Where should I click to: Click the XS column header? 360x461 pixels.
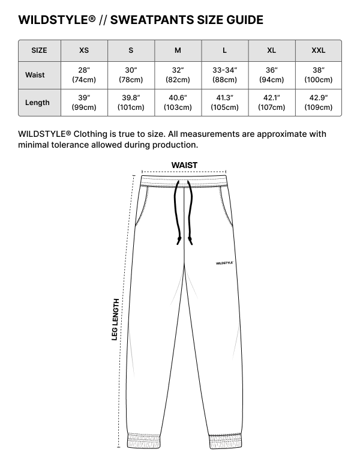point(84,50)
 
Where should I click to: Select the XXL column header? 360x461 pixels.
point(318,50)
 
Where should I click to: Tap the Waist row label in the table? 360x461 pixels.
point(35,75)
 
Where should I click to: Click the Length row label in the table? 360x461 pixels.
point(37,103)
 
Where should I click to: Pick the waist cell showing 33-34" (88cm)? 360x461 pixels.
point(224,75)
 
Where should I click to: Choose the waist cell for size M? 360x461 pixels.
point(178,75)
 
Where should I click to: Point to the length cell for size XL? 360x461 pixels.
point(271,103)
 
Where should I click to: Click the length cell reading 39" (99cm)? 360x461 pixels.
point(84,103)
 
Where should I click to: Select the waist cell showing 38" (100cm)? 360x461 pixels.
point(318,75)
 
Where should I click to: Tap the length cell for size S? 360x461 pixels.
point(131,103)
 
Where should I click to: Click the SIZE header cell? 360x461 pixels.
point(40,50)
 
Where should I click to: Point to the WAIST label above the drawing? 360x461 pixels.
point(184,165)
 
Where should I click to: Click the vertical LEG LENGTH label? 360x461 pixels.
point(115,319)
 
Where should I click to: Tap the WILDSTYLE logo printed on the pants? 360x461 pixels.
point(224,262)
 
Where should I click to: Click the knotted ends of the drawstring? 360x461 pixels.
point(184,240)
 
